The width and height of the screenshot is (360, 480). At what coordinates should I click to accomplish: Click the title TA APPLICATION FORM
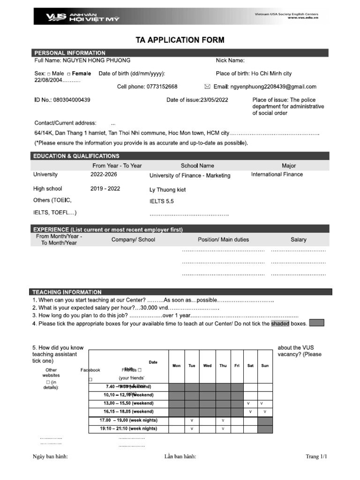pos(180,40)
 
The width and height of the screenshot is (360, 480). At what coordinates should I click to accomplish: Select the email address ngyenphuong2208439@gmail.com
pos(273,87)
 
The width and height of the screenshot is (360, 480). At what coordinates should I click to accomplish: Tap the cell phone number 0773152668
pos(161,87)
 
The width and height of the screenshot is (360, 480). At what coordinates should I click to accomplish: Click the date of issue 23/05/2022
pos(214,100)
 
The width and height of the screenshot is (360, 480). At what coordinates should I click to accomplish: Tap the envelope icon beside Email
pos(208,87)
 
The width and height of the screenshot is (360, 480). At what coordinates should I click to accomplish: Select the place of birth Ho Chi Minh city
pos(271,74)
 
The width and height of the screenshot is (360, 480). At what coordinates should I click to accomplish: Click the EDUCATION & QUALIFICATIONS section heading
pos(77,156)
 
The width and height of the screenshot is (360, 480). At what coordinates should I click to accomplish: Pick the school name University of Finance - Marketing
pos(190,176)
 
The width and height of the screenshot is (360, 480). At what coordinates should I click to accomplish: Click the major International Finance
pos(277,174)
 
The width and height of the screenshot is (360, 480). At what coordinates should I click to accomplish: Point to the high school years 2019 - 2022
pos(105,188)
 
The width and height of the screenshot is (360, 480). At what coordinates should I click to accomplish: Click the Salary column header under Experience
pos(298,240)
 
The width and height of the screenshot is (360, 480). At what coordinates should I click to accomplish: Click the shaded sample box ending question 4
pos(317,323)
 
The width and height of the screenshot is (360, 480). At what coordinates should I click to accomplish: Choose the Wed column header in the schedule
pos(208,366)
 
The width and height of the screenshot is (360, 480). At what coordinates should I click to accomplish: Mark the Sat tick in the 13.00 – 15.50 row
pos(248,403)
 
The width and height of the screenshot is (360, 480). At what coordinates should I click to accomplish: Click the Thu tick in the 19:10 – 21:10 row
pos(223,428)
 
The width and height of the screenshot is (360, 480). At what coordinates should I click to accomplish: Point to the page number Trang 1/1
pos(315,457)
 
